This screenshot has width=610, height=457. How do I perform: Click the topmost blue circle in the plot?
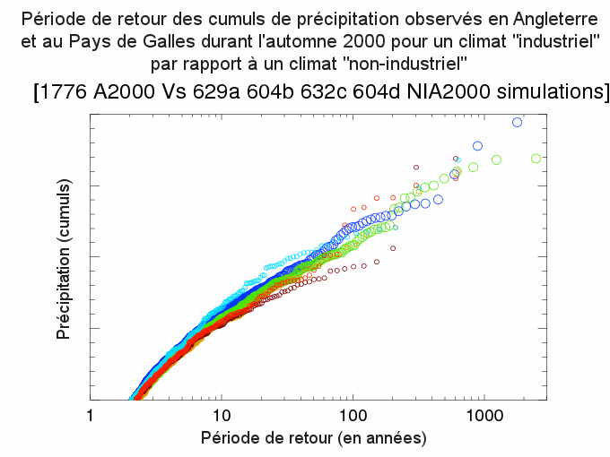[x=517, y=122]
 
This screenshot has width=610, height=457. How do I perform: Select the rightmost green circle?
[x=536, y=158]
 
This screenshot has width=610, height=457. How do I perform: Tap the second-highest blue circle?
[x=477, y=145]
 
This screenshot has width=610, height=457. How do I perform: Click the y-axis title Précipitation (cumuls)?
[x=64, y=258]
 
